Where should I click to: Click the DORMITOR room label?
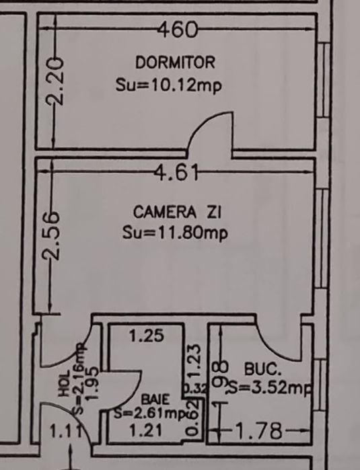click(175, 63)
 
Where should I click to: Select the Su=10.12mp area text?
click(169, 85)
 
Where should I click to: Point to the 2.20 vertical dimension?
click(56, 81)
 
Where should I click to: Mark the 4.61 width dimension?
click(176, 173)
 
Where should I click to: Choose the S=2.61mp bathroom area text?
click(149, 414)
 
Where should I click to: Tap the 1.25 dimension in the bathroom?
click(145, 336)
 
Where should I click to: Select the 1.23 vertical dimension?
click(194, 360)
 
